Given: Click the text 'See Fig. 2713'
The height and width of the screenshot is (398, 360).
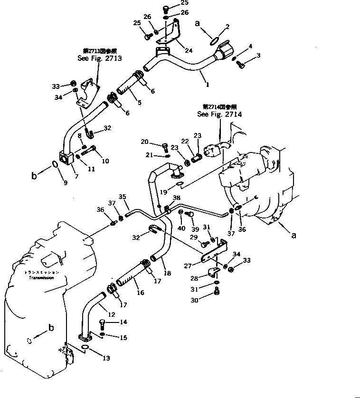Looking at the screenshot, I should (x=99, y=58).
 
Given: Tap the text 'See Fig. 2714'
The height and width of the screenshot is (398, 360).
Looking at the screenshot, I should (x=219, y=114).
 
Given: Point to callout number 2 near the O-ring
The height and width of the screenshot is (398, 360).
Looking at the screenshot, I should (x=227, y=27).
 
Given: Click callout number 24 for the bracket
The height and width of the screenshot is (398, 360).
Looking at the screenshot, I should (x=176, y=50).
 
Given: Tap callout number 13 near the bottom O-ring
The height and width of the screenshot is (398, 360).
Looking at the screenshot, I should (x=107, y=359).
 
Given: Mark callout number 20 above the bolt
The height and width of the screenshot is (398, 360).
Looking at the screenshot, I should (x=145, y=142).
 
